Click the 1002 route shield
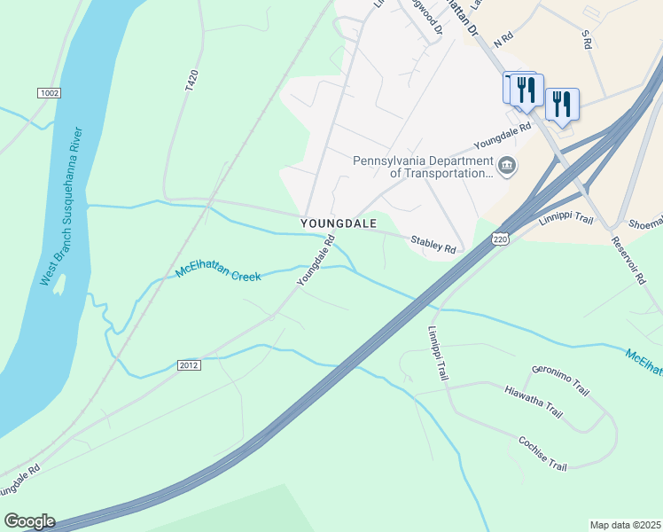point(49,93)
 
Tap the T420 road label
point(188,83)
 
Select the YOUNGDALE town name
point(339,223)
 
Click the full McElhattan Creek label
point(218,272)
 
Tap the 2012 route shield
point(189,364)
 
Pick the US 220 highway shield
point(501,239)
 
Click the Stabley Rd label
point(433,243)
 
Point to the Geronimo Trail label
point(560,379)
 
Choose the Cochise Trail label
point(542,453)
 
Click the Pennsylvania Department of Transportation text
point(422,167)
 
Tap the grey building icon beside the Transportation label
point(506,165)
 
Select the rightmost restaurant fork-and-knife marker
point(562,103)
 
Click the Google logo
point(29,521)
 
